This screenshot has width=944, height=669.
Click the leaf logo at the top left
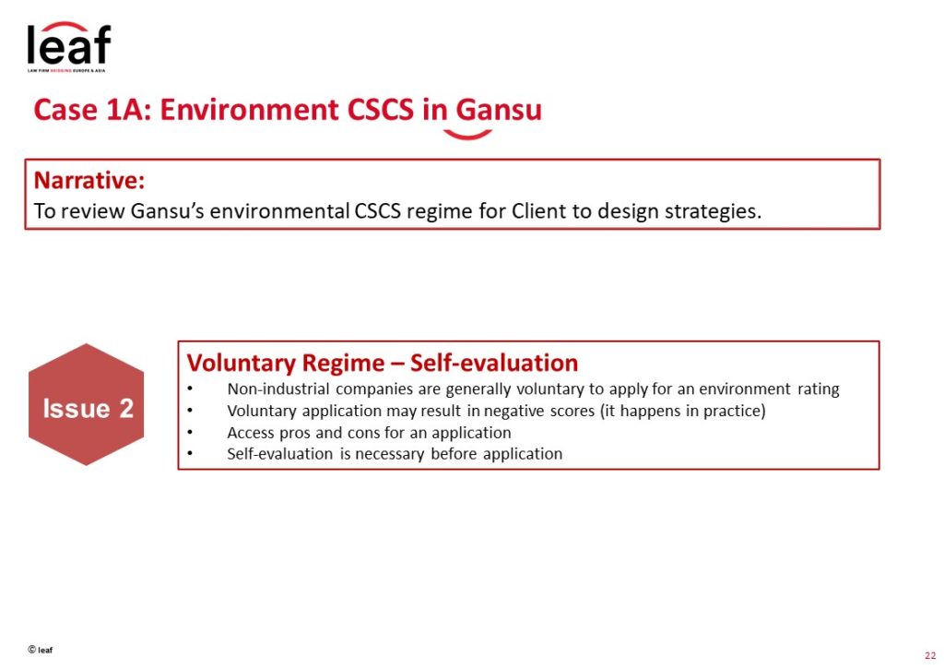pos(68,46)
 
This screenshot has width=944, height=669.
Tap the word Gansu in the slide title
pos(499,110)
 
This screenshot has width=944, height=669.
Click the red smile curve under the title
pos(467,135)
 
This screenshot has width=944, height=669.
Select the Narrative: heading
pos(89,180)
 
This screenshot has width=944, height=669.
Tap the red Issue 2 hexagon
pos(86,404)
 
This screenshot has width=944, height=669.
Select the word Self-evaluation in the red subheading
pos(494,363)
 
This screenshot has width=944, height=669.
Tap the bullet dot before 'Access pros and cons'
pos(190,432)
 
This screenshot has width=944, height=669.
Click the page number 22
pos(930,656)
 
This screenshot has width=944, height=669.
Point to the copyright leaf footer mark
pos(41,650)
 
